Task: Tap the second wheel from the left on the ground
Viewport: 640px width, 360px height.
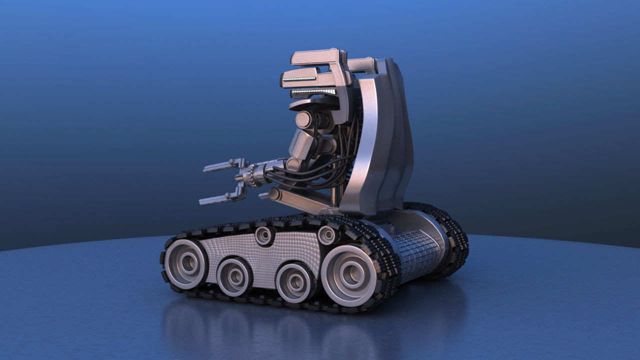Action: [234, 276]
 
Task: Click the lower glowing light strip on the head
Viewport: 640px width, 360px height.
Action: [313, 91]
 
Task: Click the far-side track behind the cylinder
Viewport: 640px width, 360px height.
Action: [452, 235]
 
